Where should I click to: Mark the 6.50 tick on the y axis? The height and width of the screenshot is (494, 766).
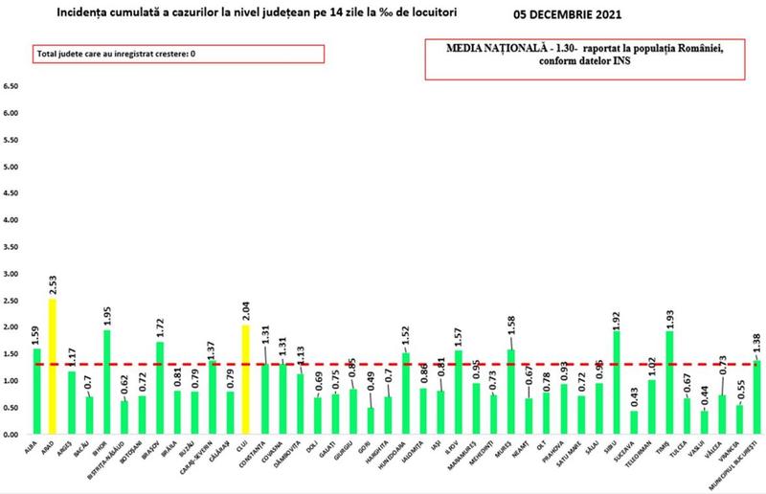point(11,86)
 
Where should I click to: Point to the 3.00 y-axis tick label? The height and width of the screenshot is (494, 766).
point(11,274)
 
